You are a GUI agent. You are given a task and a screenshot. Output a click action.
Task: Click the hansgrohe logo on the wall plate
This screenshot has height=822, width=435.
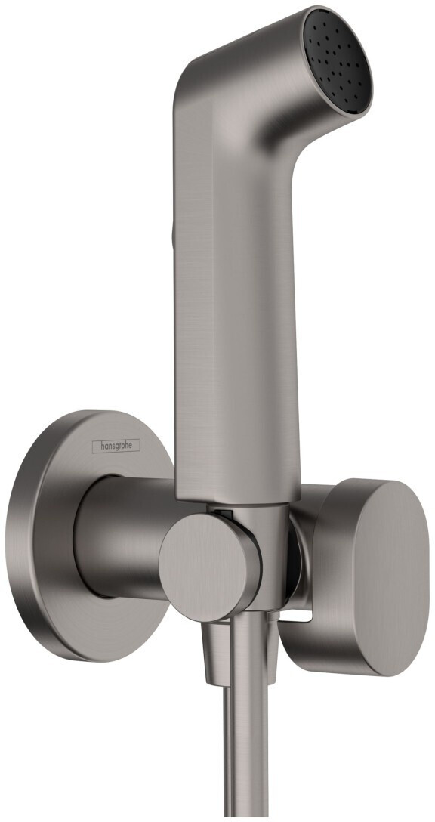click(116, 446)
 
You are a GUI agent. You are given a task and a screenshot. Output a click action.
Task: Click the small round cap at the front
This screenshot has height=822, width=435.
click(198, 558)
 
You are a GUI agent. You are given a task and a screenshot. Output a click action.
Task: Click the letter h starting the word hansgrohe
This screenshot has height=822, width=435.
click(96, 446)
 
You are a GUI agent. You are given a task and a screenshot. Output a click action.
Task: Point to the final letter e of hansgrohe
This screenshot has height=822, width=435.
click(136, 446)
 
